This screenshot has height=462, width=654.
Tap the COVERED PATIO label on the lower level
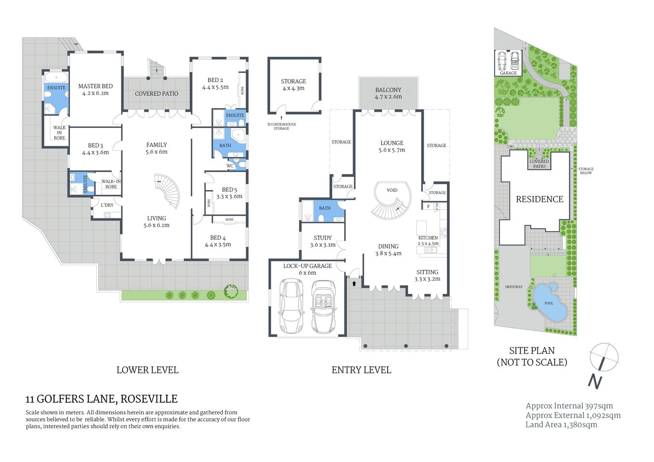coord(157,93)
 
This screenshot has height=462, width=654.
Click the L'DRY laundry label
coord(107,205)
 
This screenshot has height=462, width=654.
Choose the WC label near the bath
coord(230,166)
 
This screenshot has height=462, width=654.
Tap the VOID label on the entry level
coord(392,190)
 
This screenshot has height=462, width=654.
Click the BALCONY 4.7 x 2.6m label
coord(388,93)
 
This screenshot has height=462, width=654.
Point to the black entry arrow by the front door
coord(354,283)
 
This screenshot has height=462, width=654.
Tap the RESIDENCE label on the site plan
coord(539,199)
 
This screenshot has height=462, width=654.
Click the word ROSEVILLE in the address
coord(149,399)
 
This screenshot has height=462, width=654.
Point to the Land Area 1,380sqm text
coord(561,424)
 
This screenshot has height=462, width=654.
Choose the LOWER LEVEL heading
coord(147,370)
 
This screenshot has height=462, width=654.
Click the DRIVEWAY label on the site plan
coord(514,287)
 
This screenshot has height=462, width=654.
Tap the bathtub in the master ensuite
coord(56,77)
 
